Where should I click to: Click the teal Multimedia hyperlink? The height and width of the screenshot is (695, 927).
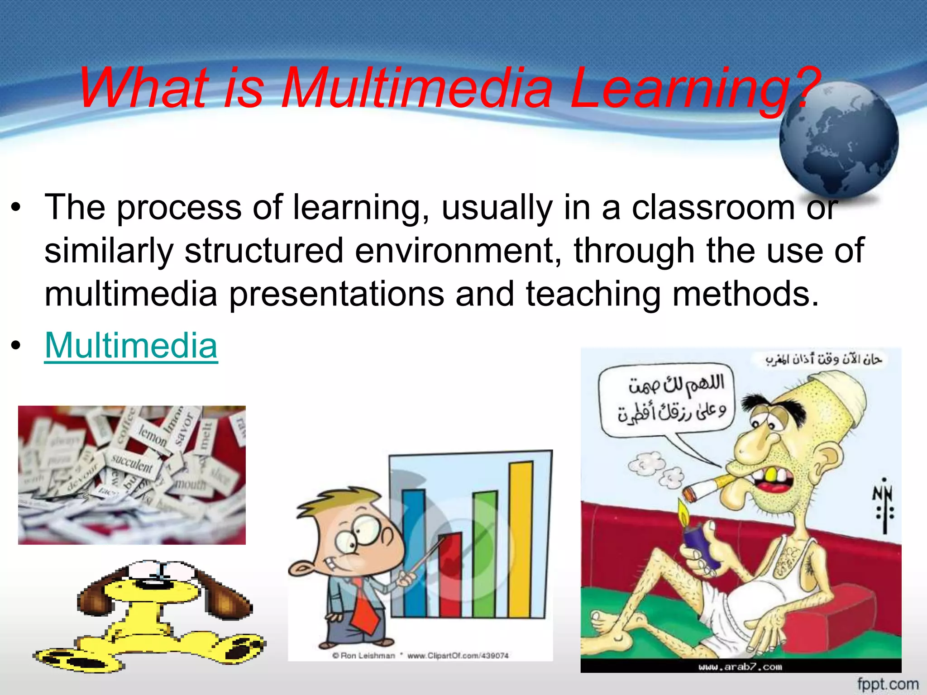(x=131, y=345)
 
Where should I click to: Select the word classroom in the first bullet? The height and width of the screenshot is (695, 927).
(x=713, y=208)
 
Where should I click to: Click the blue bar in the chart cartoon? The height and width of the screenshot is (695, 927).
(x=414, y=552)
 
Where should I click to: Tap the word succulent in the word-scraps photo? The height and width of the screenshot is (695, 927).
(x=132, y=464)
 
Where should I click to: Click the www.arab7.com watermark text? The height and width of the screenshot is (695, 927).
(x=740, y=666)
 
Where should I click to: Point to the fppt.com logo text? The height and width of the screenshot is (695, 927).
(x=888, y=684)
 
